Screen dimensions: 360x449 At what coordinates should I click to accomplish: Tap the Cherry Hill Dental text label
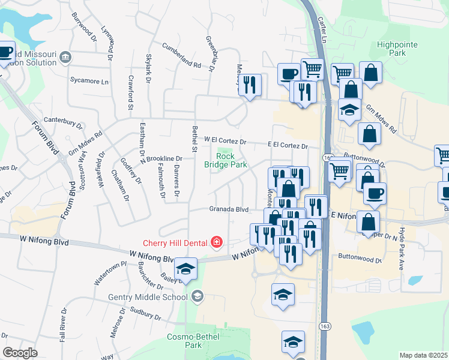(x=175, y=243)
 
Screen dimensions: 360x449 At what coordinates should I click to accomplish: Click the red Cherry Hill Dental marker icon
(x=216, y=242)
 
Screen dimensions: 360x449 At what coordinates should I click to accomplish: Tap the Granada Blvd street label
(x=229, y=209)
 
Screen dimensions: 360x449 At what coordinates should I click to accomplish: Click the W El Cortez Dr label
(x=225, y=141)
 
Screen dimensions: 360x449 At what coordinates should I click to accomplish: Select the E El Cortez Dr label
(x=288, y=146)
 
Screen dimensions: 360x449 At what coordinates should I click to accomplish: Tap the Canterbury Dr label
(x=62, y=122)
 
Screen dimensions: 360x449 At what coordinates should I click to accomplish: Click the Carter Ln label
(x=321, y=29)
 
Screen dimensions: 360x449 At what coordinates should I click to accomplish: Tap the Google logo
(x=20, y=353)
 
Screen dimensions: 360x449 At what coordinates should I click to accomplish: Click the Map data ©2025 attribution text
(x=423, y=355)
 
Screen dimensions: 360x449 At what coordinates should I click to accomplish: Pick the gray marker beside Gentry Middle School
(x=197, y=296)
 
